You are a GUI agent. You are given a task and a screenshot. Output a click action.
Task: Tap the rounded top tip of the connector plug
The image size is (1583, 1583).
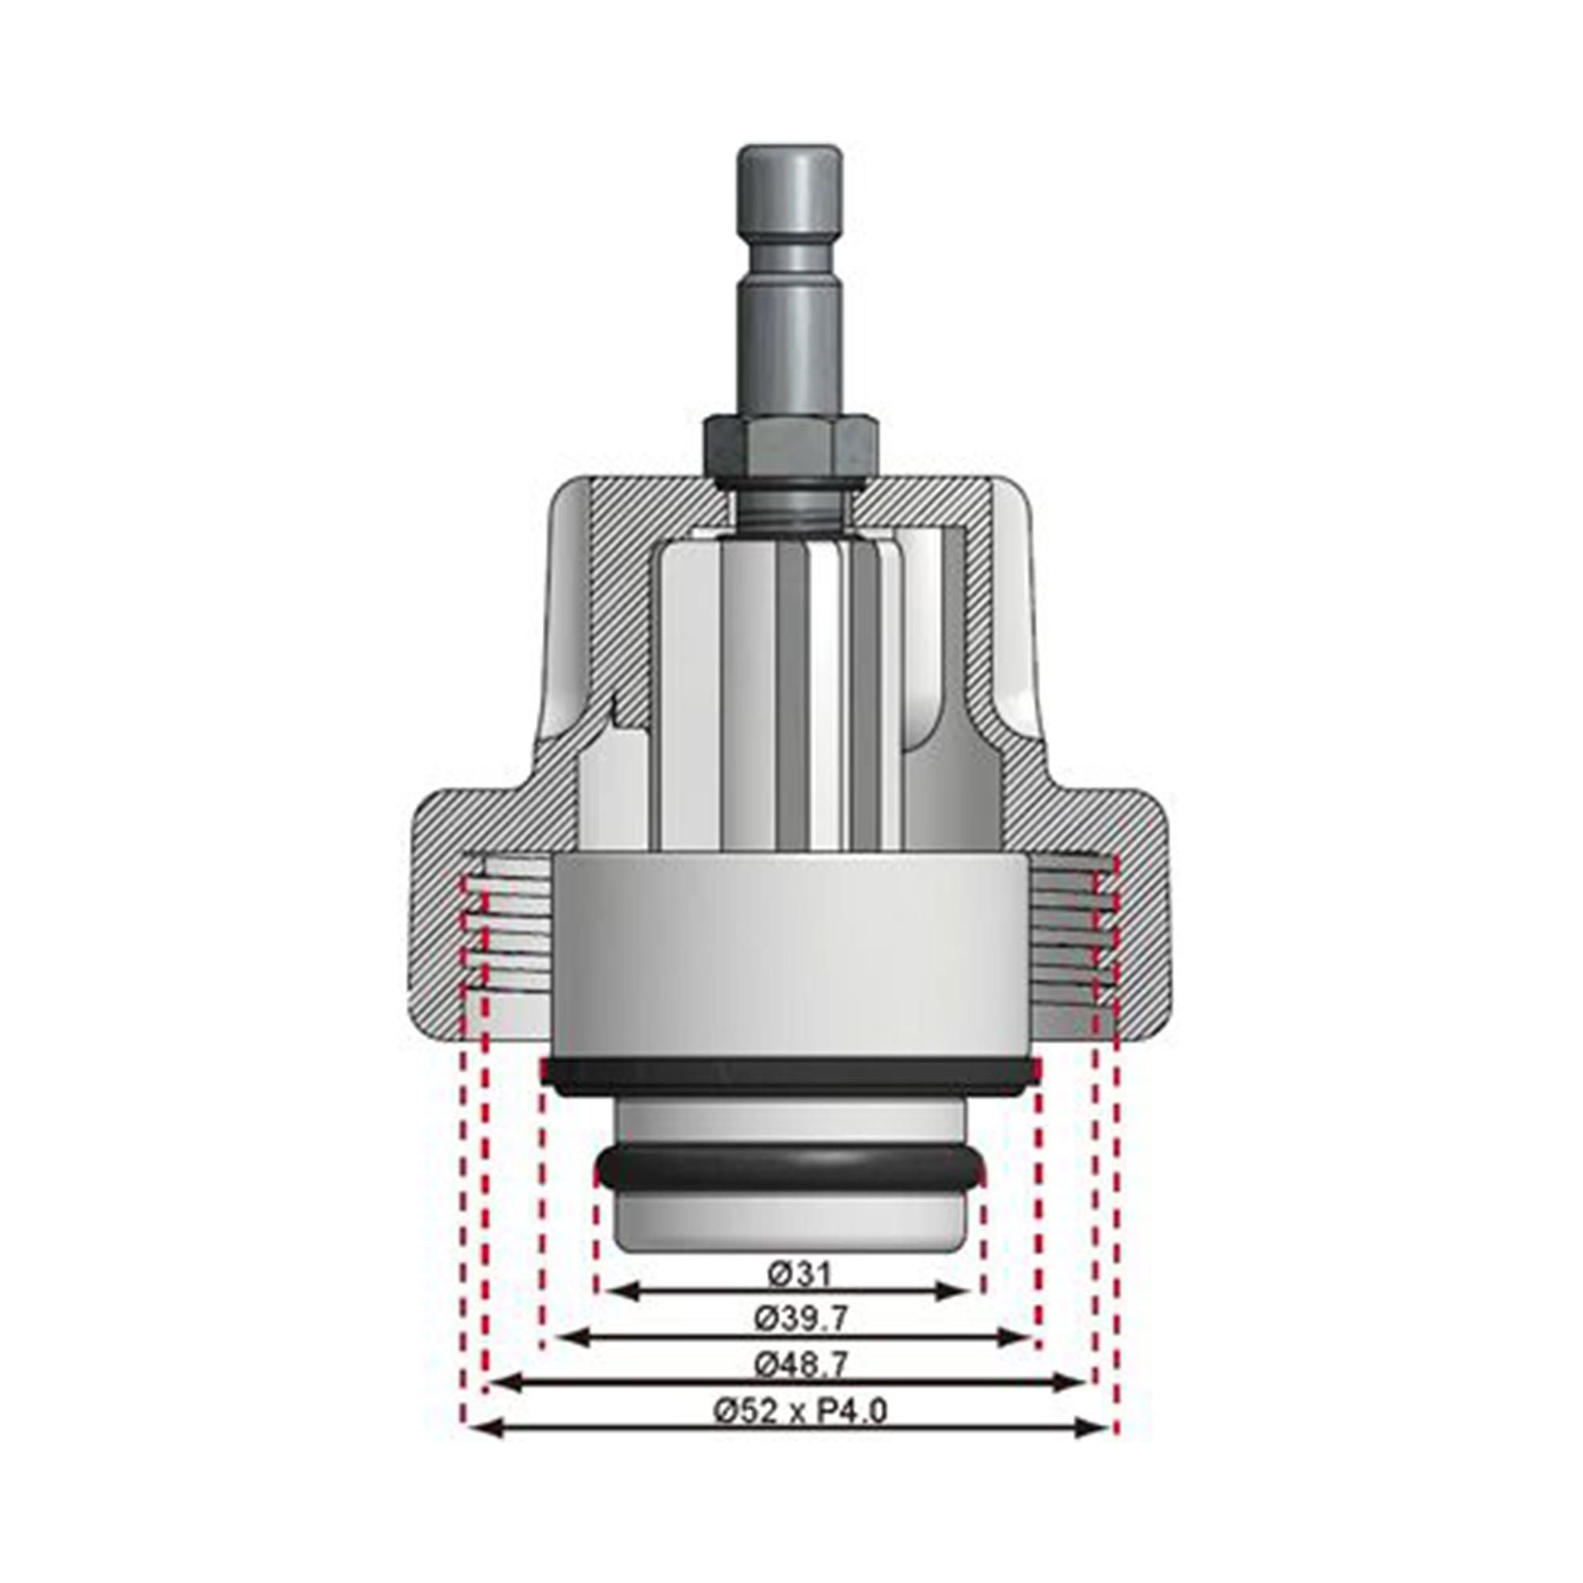click(790, 158)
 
